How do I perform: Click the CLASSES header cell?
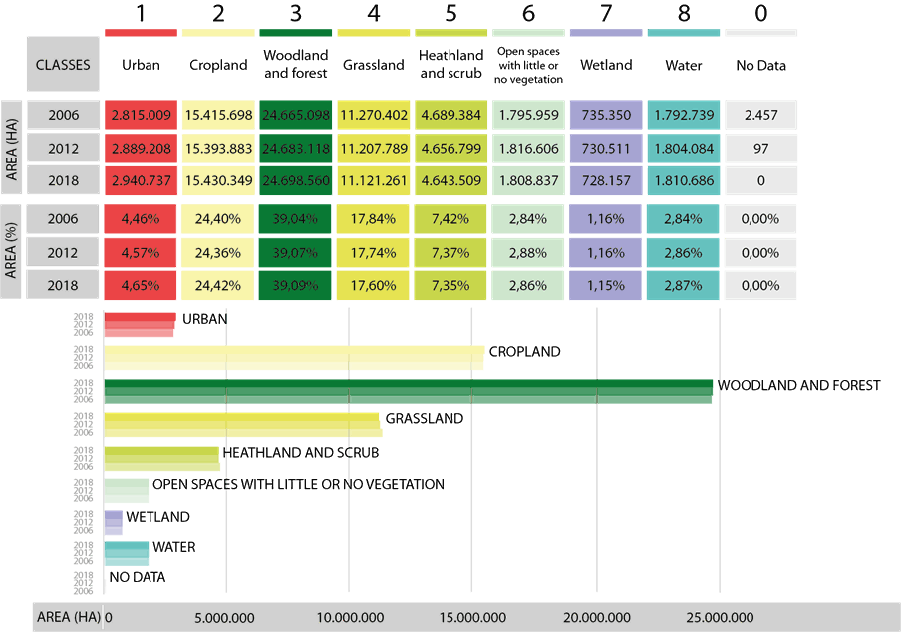(62, 65)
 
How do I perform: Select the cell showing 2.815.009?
(142, 115)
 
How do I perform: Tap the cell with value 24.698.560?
(296, 181)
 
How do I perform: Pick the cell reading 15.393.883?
(219, 148)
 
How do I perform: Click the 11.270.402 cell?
(374, 115)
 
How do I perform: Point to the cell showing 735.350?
(606, 115)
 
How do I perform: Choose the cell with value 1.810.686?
(684, 181)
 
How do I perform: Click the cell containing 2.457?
(760, 115)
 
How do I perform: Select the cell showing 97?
(760, 148)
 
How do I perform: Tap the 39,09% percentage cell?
(296, 285)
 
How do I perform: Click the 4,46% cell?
(142, 219)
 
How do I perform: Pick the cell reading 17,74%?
(374, 252)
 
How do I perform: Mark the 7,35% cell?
(451, 285)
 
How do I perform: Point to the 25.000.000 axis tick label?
(720, 618)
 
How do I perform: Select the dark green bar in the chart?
(409, 391)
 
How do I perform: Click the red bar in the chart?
(140, 325)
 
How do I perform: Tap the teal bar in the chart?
(127, 553)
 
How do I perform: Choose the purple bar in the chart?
(113, 522)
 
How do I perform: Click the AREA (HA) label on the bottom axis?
(68, 617)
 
